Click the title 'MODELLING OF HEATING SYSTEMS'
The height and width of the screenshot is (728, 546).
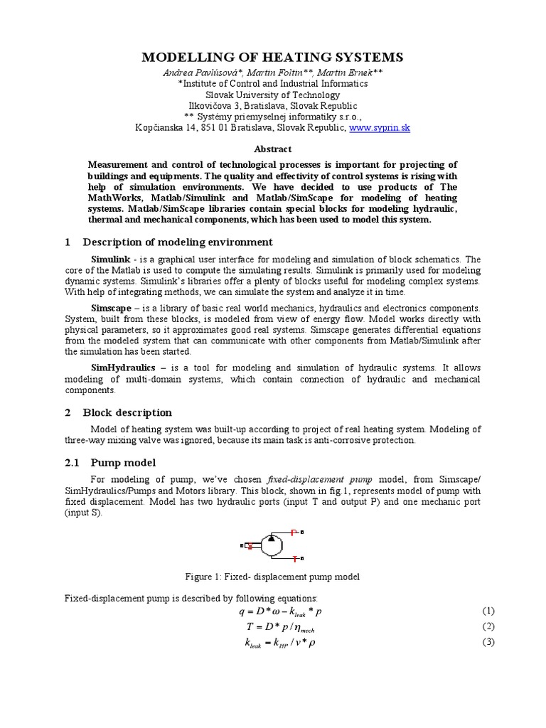[x=272, y=57]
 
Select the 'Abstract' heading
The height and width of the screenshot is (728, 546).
[x=272, y=149]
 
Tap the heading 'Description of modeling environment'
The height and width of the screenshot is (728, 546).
[x=178, y=242]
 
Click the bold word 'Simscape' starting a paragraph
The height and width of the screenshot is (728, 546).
[x=112, y=308]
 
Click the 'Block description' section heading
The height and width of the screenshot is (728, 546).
[x=127, y=412]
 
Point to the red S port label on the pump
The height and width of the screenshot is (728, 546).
[x=250, y=546]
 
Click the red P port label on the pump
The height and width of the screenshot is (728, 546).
[x=294, y=532]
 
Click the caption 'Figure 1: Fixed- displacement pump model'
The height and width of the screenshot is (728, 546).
[x=272, y=577]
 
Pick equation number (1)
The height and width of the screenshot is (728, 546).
[x=488, y=611]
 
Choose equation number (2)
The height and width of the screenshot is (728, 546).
[x=488, y=626]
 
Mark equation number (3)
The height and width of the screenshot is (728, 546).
[x=488, y=642]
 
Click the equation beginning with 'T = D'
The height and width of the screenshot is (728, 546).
[x=273, y=627]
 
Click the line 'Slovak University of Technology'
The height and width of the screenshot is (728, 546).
[x=272, y=95]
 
